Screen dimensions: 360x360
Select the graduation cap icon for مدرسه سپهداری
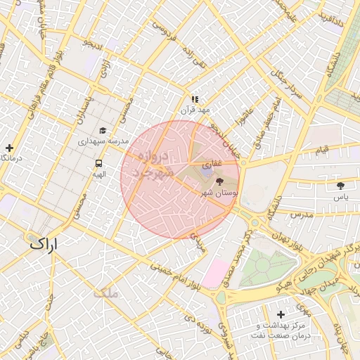103,131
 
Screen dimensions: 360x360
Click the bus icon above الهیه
98,163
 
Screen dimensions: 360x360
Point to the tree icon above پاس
341,186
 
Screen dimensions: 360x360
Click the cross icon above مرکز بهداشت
281,314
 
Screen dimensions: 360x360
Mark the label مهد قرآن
195,110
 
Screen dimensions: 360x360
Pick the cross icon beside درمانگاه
8,148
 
